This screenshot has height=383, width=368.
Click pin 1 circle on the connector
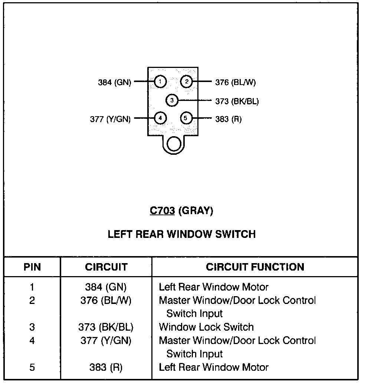click(x=160, y=82)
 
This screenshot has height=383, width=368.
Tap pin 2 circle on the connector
click(x=187, y=82)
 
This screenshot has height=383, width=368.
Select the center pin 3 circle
click(x=172, y=100)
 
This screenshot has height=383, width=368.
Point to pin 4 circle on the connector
click(x=160, y=118)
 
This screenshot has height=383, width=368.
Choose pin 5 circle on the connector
click(x=187, y=118)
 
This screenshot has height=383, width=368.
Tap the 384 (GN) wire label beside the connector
click(x=114, y=82)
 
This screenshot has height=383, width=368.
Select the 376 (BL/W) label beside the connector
click(x=236, y=82)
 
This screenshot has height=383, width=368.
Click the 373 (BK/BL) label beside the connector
click(x=237, y=101)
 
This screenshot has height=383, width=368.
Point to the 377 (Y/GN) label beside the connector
click(x=110, y=119)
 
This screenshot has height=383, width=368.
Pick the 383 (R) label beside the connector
click(x=228, y=119)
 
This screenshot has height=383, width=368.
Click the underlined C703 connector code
click(x=162, y=211)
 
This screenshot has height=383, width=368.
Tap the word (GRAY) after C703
click(x=196, y=211)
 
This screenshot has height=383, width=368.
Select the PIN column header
click(x=32, y=267)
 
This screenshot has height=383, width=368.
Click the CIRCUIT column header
click(x=106, y=267)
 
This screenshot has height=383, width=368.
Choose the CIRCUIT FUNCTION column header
click(x=255, y=267)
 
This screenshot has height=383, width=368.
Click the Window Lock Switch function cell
click(x=206, y=327)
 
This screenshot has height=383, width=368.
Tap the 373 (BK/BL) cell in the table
click(x=106, y=327)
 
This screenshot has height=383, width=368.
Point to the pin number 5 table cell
click(x=32, y=367)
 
